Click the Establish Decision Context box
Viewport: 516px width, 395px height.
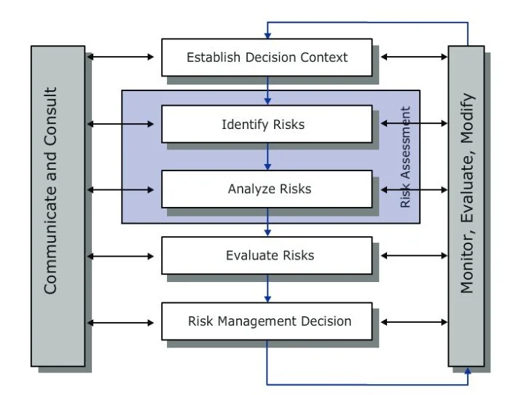(x=267, y=57)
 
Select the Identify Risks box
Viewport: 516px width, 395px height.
(x=267, y=124)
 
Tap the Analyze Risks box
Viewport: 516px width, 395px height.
(x=267, y=189)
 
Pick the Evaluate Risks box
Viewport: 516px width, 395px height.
(x=267, y=255)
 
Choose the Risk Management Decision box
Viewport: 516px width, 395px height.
(x=267, y=321)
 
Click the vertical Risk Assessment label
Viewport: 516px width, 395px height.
(x=406, y=157)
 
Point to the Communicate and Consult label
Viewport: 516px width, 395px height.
(x=50, y=191)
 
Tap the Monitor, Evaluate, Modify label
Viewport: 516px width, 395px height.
(x=466, y=193)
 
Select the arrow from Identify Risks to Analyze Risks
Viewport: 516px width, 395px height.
(x=267, y=156)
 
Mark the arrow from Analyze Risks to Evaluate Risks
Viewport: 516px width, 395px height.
(x=267, y=222)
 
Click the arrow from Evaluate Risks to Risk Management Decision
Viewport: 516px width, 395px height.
(x=267, y=288)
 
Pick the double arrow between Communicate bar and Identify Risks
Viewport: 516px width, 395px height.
(x=121, y=124)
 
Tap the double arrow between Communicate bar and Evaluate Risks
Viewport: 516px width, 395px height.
(x=121, y=256)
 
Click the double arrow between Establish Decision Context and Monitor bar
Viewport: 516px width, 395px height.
(x=414, y=57)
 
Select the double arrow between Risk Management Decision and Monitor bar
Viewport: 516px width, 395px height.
(x=414, y=321)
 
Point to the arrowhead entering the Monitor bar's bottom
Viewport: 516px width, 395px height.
(x=466, y=371)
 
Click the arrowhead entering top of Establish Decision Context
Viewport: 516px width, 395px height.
(x=267, y=34)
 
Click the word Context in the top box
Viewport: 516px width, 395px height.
(x=325, y=57)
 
